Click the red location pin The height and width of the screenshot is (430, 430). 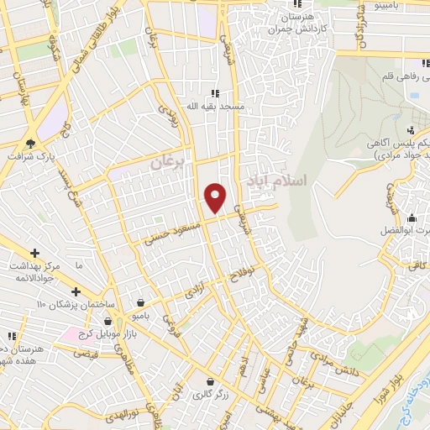pyautogui.click(x=216, y=198)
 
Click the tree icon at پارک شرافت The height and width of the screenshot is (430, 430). pyautogui.click(x=32, y=143)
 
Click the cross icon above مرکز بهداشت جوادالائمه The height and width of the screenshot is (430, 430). pyautogui.click(x=34, y=252)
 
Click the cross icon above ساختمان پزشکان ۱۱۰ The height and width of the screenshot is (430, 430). pyautogui.click(x=76, y=291)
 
